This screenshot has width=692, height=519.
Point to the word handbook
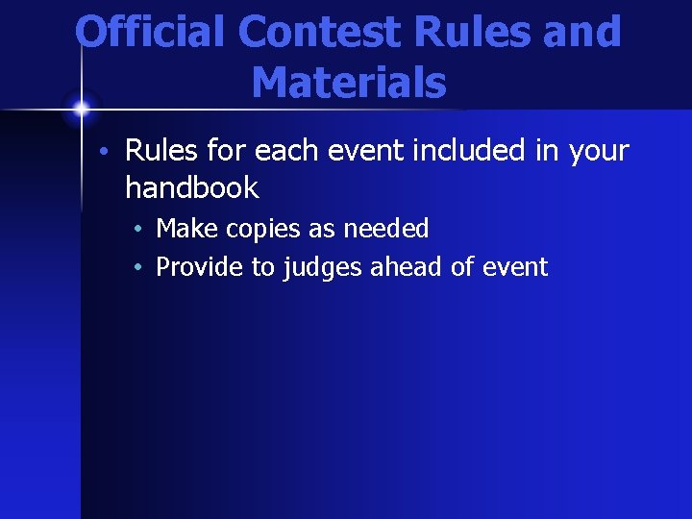pos(192,187)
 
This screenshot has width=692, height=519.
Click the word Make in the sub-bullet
pos(186,229)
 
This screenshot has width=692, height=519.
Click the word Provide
pos(200,267)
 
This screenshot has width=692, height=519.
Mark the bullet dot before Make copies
pos(139,230)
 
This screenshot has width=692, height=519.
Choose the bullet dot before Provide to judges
pos(139,267)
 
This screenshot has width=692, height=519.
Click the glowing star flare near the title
pos(81,108)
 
